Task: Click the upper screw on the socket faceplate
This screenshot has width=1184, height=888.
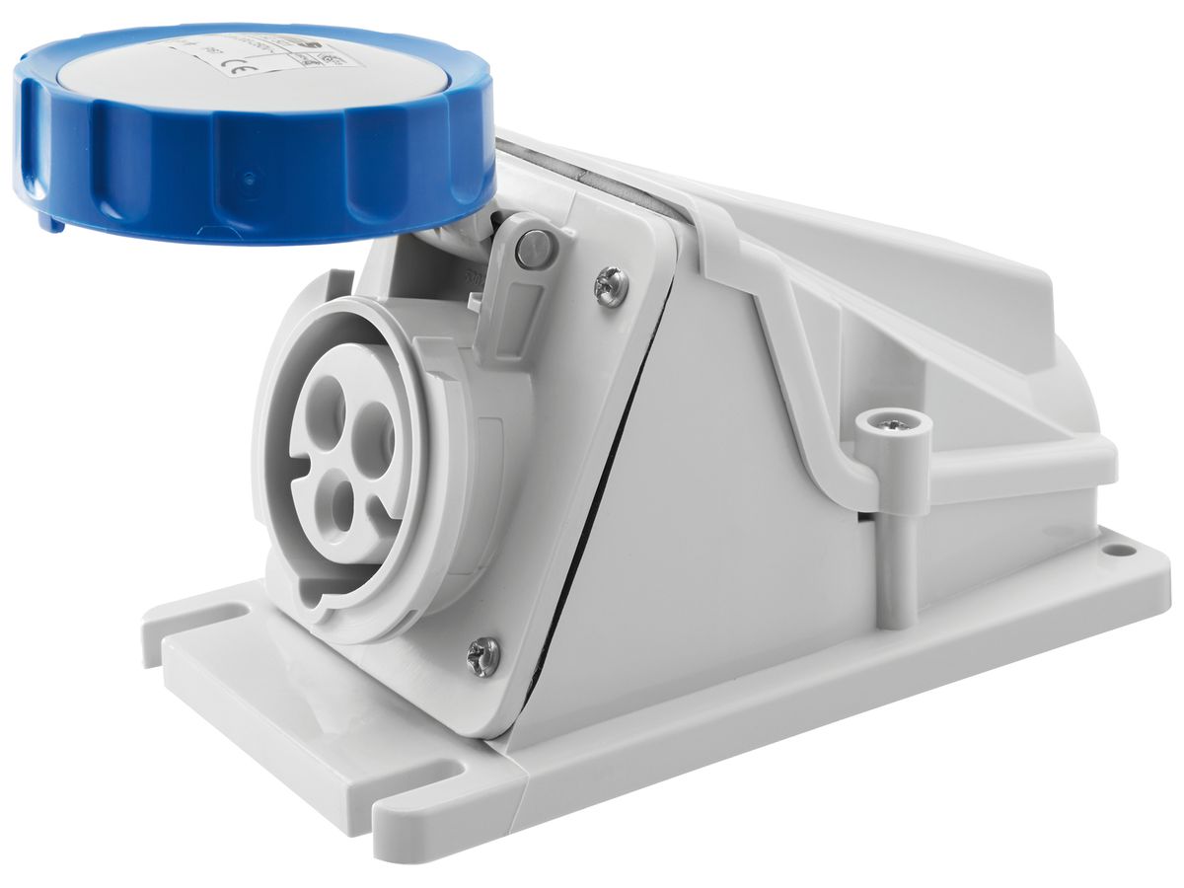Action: [610, 287]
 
